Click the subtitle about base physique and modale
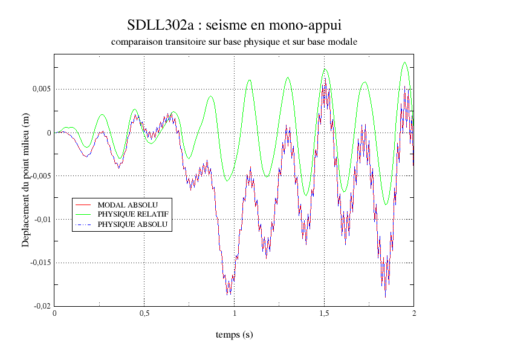coord(235,42)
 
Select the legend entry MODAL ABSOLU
coord(128,205)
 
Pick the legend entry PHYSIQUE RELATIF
coord(132,214)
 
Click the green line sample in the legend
coord(83,214)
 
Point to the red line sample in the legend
coord(83,205)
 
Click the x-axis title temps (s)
coord(234,335)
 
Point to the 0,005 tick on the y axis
coord(41,89)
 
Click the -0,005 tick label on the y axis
coord(39,176)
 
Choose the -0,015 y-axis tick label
coord(39,263)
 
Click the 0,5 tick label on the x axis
coord(144,313)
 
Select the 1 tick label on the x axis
coord(235,313)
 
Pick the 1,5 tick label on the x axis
coord(324,313)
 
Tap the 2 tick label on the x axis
coord(413,313)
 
